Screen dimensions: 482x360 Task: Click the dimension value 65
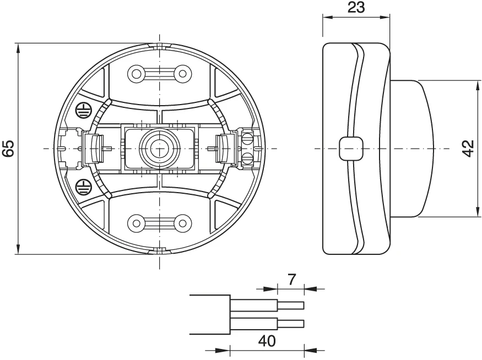(x=7, y=149)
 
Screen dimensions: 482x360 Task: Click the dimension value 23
(x=356, y=7)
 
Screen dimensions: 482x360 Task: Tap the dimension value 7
(x=293, y=279)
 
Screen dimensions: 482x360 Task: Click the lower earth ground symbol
(x=82, y=186)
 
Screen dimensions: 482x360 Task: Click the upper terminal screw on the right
(x=248, y=137)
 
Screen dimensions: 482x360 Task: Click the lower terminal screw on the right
(x=248, y=160)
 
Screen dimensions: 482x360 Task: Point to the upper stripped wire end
(x=290, y=305)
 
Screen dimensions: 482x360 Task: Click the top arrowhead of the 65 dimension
(x=18, y=47)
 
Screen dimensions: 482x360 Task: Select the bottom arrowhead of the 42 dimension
(x=477, y=212)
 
